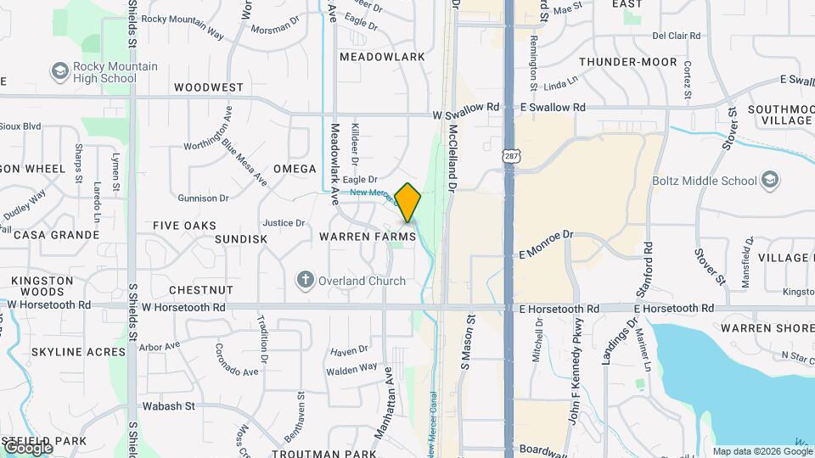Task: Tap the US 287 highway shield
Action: point(510,156)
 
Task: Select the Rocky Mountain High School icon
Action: point(59,71)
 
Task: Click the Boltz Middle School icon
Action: point(769,180)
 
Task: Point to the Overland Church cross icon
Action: point(305,280)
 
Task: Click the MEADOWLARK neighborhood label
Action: point(381,57)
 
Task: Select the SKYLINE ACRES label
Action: point(67,351)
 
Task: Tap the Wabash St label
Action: point(168,406)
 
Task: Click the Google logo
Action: point(27,447)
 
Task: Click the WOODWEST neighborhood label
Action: point(209,87)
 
